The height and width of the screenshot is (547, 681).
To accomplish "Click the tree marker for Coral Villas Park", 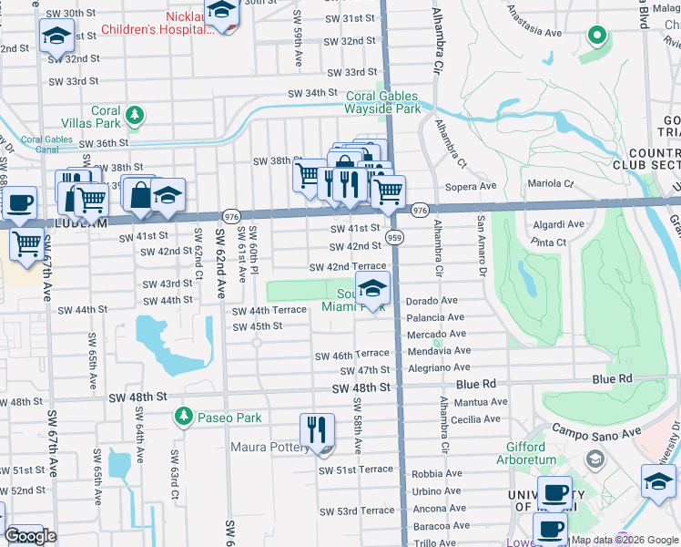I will [135, 115].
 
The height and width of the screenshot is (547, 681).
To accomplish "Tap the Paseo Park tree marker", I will [184, 417].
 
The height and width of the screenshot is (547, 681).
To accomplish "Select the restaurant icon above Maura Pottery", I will [317, 430].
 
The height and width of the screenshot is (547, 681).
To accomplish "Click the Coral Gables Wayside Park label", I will [382, 101].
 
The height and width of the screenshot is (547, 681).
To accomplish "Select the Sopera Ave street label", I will [471, 186].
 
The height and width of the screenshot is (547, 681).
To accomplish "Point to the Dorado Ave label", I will [432, 300].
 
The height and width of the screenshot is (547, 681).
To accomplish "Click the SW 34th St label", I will [312, 93].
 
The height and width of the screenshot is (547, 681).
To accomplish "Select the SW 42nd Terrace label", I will [347, 266].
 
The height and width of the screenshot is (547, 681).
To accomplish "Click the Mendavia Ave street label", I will [439, 350].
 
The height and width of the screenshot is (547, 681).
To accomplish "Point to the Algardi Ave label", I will [559, 223].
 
